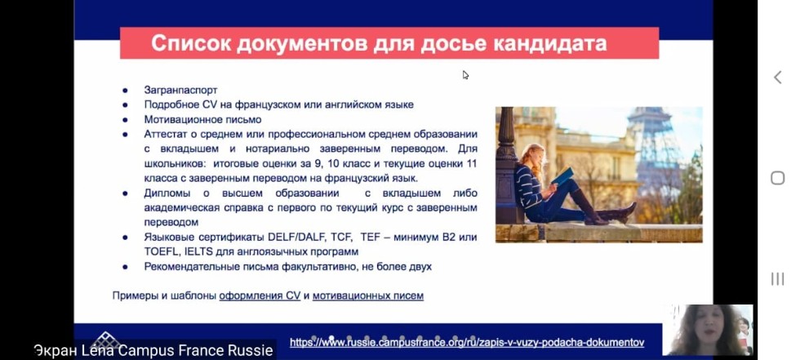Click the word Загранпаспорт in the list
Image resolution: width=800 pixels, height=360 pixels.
181,90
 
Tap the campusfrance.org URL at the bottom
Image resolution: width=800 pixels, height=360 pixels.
467,343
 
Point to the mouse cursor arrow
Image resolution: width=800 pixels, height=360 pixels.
465,74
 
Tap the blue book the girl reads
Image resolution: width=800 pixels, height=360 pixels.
562,176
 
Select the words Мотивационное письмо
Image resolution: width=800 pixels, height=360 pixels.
192,119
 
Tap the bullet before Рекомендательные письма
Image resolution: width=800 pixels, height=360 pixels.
125,267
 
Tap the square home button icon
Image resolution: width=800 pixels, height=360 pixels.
777,178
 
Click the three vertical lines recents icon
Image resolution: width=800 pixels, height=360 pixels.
777,279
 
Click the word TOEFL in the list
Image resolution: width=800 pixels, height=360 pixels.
161,251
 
